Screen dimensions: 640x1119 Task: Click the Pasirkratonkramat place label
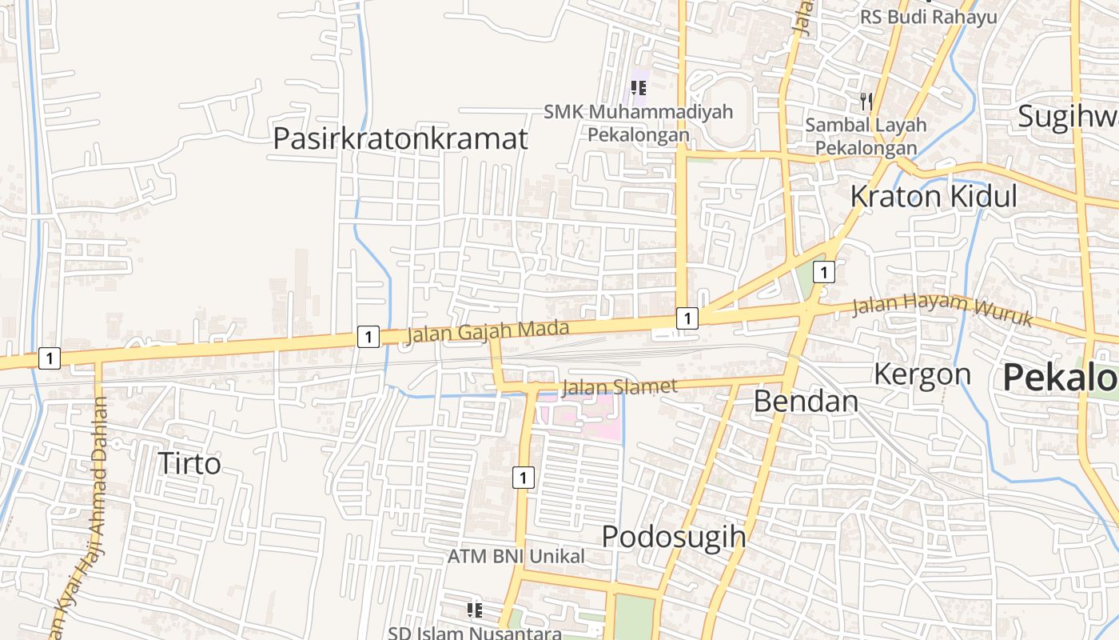coord(400,138)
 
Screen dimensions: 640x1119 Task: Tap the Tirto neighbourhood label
coord(189,463)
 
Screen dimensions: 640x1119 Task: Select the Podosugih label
coord(673,536)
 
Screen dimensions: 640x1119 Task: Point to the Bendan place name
coord(806,401)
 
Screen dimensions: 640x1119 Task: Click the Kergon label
coord(922,374)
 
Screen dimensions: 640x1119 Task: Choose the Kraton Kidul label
coord(933,196)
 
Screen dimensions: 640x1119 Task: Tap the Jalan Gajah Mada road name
coord(488,330)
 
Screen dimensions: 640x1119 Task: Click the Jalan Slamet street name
coord(619,387)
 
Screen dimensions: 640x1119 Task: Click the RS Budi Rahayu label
coord(928,17)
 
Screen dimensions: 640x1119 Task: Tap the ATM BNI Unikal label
coord(516,556)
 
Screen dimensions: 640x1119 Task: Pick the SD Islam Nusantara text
coord(475,633)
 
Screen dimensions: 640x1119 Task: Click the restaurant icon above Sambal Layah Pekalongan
coord(866,102)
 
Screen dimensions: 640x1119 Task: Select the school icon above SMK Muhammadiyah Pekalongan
coord(638,88)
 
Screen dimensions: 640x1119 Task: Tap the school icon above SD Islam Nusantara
coord(475,610)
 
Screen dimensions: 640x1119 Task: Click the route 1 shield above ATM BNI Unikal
coord(522,478)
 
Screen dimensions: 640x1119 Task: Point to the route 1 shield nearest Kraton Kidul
coord(823,273)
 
